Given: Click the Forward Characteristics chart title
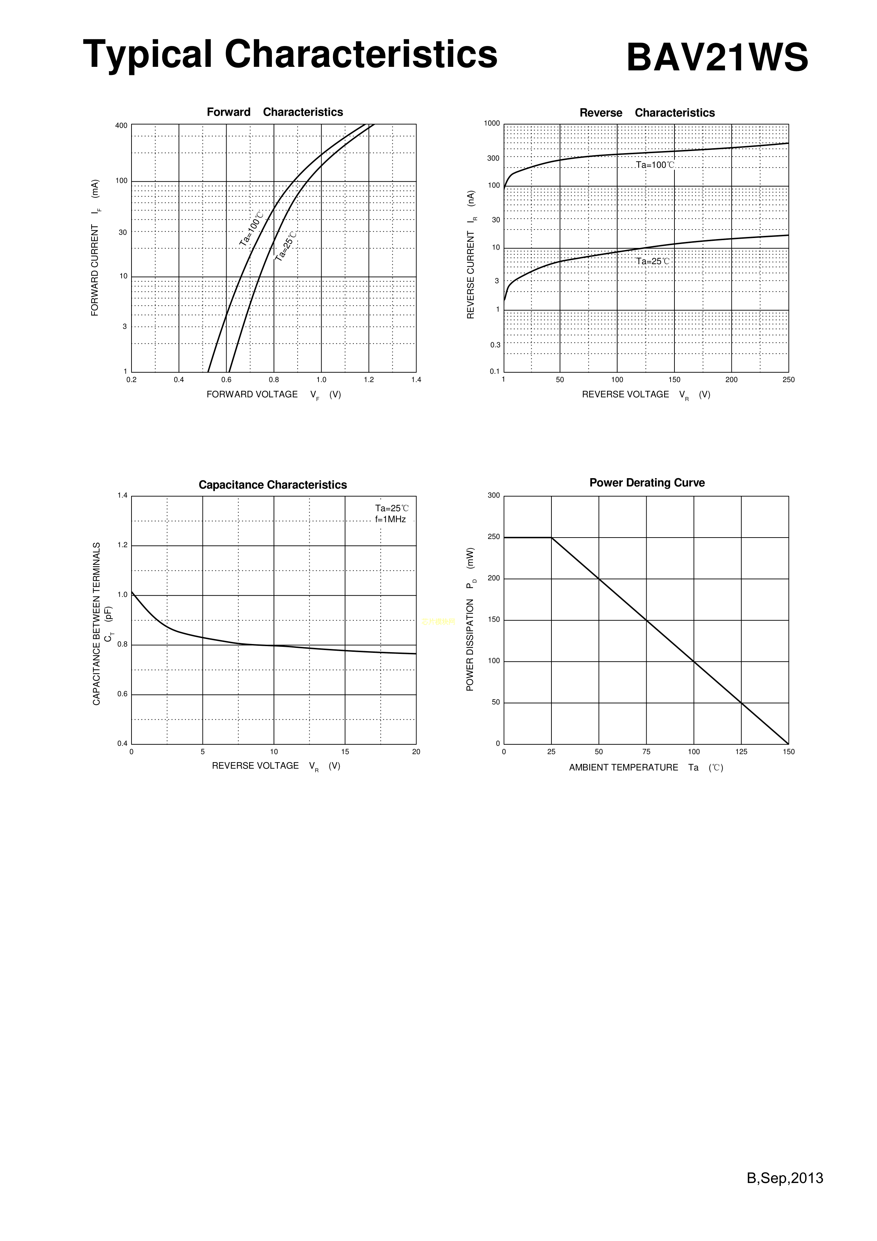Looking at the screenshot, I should (275, 112).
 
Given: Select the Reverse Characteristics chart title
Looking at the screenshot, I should (647, 112).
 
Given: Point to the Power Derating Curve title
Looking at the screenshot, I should (647, 483).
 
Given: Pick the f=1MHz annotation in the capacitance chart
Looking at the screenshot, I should (390, 520).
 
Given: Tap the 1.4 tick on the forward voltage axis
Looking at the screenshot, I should (416, 380).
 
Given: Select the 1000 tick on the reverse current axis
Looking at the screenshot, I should (492, 123).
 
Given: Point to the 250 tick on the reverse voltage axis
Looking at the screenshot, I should (788, 380).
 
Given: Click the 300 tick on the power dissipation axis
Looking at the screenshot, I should (493, 495).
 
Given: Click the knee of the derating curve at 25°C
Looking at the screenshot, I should (551, 537).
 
